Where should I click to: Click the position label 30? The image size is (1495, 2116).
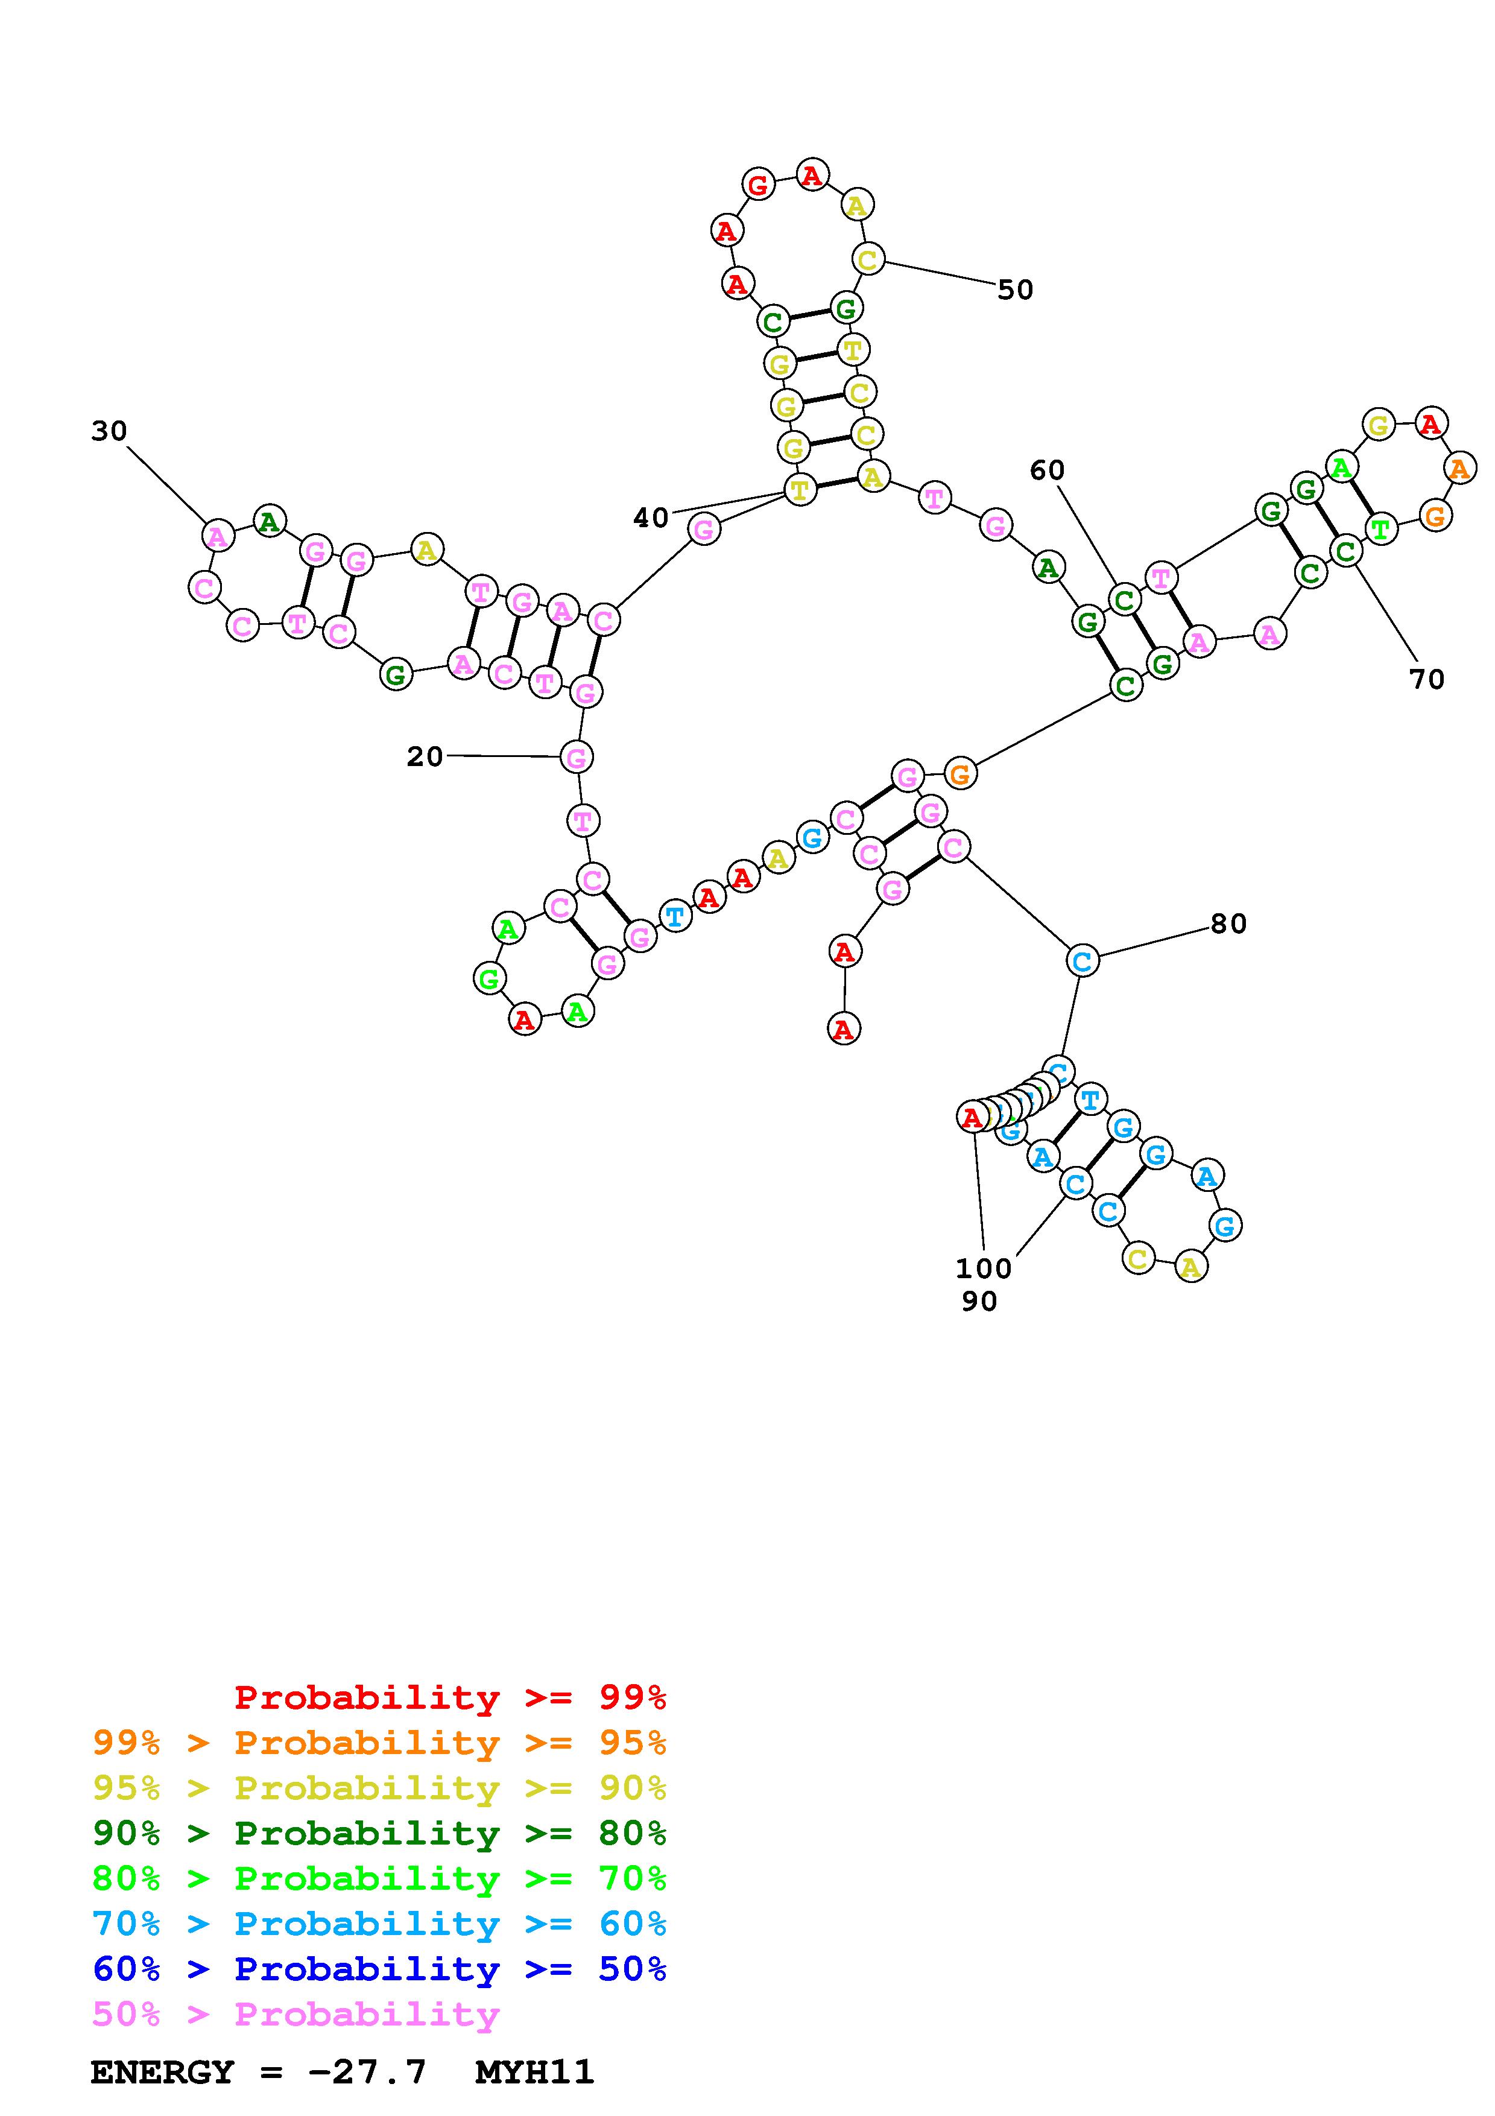pos(109,431)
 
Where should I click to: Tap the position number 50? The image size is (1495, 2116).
pos(1015,290)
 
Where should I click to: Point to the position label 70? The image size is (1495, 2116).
pos(1426,679)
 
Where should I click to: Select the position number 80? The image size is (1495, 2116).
pos(1228,923)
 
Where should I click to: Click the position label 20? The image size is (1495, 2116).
pos(425,756)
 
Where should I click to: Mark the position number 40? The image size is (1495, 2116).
pos(650,518)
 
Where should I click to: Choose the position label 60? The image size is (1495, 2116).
pos(1046,471)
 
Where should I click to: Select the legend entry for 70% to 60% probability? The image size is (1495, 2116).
pos(379,1924)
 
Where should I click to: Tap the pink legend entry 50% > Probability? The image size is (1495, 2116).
pos(296,2013)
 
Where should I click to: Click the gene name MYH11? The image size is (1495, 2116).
pos(534,2072)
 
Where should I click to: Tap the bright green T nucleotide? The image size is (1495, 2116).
pos(1380,529)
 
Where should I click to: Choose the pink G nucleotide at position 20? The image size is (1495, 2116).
pos(577,758)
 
